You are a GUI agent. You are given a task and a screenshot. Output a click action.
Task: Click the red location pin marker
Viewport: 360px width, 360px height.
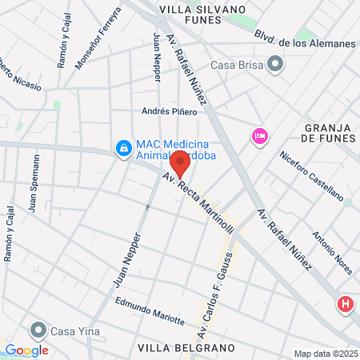[x=180, y=162]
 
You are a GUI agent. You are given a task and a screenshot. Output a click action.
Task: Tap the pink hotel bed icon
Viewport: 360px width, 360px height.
[x=258, y=137]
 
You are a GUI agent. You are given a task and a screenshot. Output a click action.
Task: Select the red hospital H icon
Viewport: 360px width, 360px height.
[x=345, y=305]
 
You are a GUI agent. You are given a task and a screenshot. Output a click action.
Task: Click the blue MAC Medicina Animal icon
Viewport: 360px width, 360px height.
[x=123, y=149]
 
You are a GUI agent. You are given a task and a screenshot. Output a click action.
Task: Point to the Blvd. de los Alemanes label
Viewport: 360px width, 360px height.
[x=305, y=41]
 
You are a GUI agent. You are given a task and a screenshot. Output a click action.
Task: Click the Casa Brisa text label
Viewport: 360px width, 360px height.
[x=237, y=65]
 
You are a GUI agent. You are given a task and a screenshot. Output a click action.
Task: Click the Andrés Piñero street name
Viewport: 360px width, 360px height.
[x=169, y=111]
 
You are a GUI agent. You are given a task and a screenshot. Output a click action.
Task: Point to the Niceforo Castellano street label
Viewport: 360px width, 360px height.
[x=312, y=174]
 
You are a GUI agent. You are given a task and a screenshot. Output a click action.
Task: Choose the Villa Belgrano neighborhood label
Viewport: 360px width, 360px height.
[x=186, y=348]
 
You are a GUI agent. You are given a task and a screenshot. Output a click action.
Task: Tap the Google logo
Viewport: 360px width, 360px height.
[x=26, y=350]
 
